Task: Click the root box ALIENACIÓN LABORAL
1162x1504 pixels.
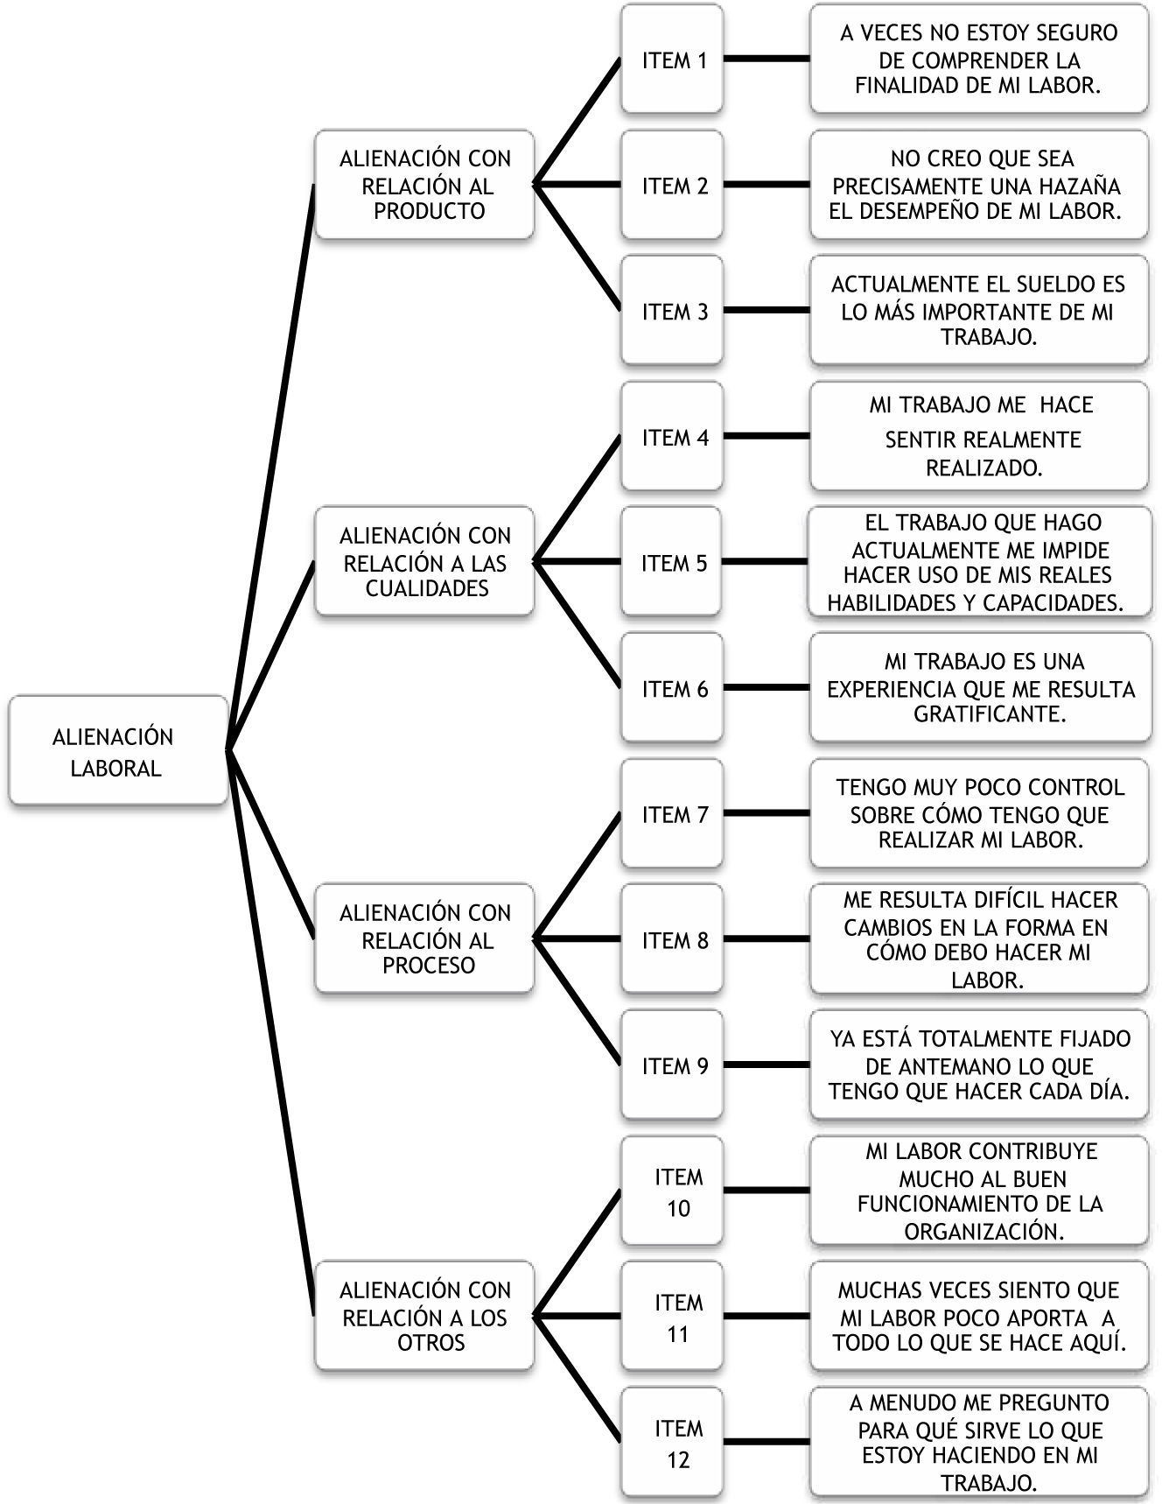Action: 118,751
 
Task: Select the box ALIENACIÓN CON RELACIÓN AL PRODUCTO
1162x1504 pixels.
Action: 424,185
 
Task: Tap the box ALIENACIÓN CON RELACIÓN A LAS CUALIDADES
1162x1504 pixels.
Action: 424,561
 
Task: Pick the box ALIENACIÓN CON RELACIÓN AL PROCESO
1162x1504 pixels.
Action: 424,938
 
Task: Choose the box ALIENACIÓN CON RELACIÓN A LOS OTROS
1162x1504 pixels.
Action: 424,1316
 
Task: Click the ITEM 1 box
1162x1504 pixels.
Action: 673,60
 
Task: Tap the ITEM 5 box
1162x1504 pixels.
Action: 673,562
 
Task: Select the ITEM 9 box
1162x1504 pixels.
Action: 673,1065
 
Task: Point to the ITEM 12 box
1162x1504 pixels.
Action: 673,1443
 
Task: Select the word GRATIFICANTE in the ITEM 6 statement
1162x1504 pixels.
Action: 990,714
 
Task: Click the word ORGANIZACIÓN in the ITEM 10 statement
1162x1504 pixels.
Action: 983,1231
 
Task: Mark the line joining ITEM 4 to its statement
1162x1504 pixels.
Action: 766,436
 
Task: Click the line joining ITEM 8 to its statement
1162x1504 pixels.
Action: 766,939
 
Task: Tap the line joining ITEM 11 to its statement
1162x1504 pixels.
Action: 766,1317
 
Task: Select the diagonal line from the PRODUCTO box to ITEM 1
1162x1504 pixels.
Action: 577,123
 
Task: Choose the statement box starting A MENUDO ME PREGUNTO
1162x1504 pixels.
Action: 979,1443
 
